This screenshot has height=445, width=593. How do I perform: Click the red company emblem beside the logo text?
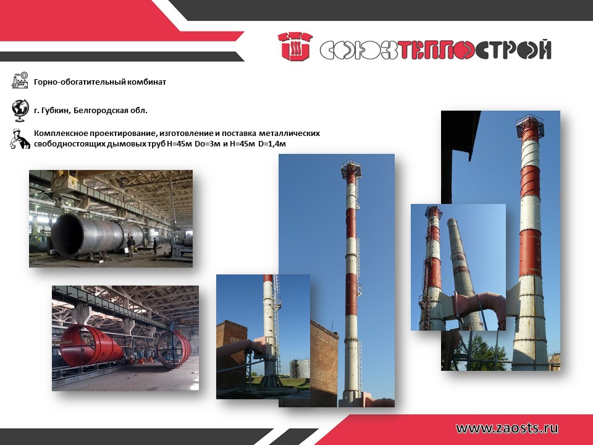(x=295, y=46)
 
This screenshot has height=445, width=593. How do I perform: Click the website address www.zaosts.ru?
(x=507, y=428)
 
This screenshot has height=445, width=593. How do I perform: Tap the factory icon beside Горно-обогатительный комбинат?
(x=20, y=80)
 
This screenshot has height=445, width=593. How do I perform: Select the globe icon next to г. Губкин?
(x=20, y=111)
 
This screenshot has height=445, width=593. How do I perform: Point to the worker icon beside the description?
(x=20, y=139)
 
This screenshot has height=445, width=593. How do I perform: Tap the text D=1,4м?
(x=272, y=144)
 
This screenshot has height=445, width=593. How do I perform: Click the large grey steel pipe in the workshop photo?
(x=96, y=235)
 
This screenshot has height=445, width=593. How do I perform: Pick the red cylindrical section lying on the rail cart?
(x=91, y=345)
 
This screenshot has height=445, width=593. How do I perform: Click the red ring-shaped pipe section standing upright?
(x=174, y=349)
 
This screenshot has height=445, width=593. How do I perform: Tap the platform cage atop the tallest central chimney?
(x=351, y=169)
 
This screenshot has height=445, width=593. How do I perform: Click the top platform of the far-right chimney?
(x=530, y=125)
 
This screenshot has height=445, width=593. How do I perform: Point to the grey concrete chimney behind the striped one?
(x=461, y=273)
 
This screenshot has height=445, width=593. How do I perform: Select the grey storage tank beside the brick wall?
(x=300, y=369)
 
